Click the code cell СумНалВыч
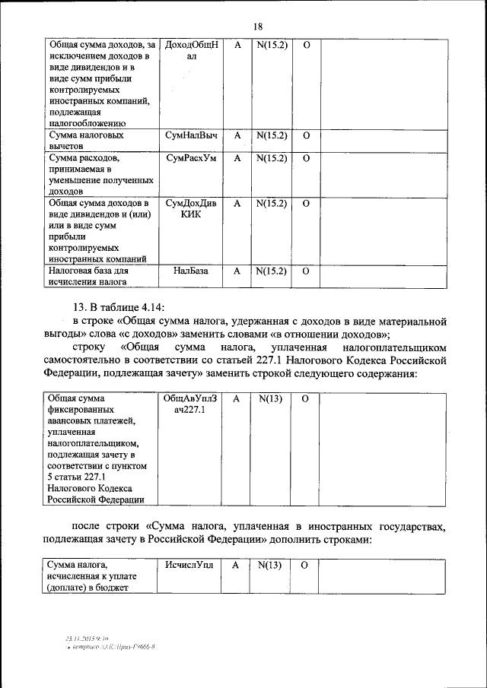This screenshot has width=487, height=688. click(191, 135)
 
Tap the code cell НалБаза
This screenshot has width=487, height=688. click(190, 271)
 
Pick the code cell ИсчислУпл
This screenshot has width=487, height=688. click(190, 565)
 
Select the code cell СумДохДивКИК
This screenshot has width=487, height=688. click(191, 209)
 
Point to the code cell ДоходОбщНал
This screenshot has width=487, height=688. click(191, 51)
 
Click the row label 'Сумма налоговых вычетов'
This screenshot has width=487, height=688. click(84, 141)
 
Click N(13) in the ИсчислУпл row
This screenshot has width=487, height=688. click(270, 565)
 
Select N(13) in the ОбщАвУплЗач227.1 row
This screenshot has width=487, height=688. click(270, 398)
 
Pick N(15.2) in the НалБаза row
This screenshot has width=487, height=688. click(271, 271)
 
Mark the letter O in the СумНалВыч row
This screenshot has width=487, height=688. click(306, 135)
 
